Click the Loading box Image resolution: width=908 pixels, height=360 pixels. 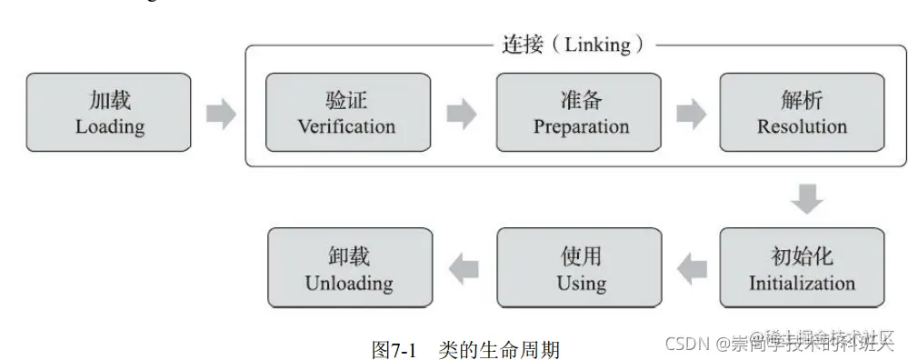click(x=109, y=113)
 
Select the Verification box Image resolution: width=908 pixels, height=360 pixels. click(x=346, y=113)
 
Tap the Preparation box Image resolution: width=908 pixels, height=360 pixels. click(x=579, y=113)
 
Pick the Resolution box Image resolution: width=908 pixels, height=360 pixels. click(x=802, y=113)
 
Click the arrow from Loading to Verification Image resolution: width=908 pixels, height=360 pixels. click(x=221, y=115)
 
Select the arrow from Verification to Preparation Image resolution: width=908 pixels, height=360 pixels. click(x=462, y=114)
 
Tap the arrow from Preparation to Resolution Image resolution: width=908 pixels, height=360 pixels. click(x=692, y=114)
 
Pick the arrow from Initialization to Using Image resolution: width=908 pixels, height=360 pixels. click(x=693, y=267)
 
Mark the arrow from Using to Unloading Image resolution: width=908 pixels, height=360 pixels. click(x=464, y=267)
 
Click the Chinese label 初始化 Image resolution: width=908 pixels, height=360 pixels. click(x=802, y=255)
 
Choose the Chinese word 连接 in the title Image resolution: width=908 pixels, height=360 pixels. click(x=523, y=45)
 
